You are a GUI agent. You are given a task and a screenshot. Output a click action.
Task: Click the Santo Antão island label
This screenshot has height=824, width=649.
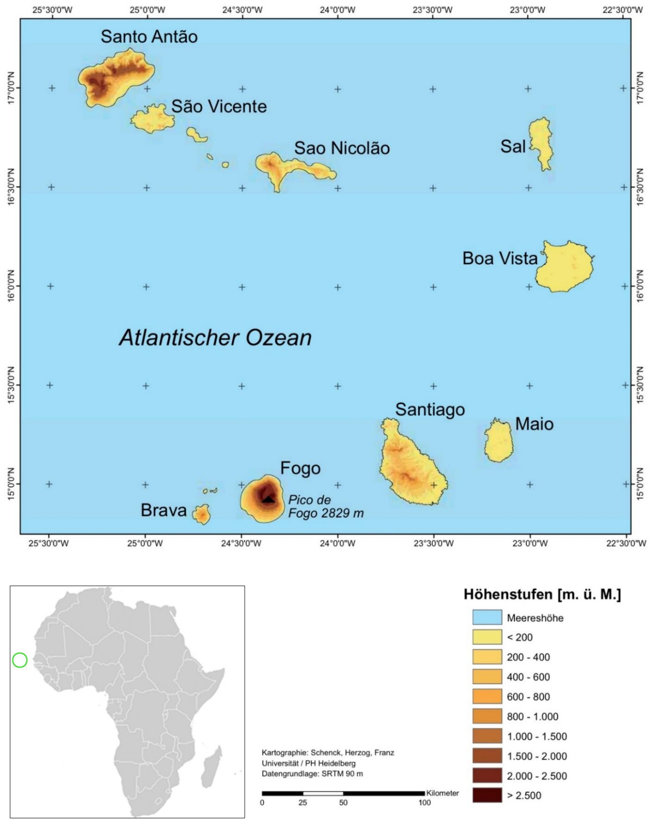tap(149, 37)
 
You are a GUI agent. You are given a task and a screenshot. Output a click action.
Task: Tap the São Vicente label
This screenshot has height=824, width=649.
tap(219, 106)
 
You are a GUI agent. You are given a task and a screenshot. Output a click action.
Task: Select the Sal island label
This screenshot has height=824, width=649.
tap(513, 146)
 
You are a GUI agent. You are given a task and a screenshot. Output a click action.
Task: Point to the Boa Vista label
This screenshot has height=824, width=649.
tap(500, 258)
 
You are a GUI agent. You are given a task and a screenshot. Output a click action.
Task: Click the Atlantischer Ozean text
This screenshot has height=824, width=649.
tap(215, 338)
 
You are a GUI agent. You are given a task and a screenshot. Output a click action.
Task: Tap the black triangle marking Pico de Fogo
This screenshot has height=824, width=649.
tap(268, 499)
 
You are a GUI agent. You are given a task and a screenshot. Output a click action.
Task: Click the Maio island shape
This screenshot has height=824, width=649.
tap(499, 441)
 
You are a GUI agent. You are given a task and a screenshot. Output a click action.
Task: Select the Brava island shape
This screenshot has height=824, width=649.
tap(202, 514)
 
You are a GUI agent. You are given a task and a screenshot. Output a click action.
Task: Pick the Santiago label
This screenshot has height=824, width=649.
tap(430, 409)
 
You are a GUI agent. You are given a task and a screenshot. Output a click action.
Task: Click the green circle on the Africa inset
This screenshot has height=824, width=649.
tap(20, 660)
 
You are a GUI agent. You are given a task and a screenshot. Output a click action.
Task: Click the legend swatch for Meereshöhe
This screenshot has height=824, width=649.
tap(487, 617)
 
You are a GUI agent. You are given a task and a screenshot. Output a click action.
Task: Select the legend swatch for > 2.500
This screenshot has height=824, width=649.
tap(487, 795)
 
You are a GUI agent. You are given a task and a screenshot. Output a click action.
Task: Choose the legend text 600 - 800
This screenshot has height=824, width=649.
tap(528, 697)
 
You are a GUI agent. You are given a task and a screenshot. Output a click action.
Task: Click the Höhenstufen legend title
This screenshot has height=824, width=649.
tap(542, 595)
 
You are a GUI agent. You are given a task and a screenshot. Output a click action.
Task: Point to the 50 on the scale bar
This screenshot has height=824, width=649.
tap(343, 803)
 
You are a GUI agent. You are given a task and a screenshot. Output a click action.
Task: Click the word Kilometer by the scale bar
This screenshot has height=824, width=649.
tap(443, 793)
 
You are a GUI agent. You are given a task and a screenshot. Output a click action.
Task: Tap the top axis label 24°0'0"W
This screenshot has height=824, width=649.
tap(338, 10)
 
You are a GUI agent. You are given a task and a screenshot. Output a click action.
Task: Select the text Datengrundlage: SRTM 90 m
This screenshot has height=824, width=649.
tap(312, 773)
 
